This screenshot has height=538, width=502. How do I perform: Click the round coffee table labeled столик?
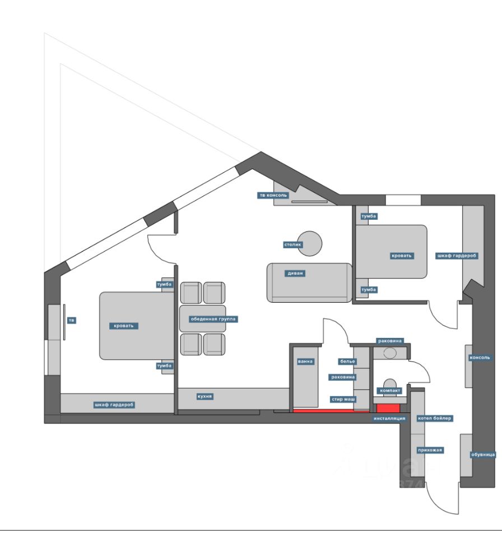point(310,242)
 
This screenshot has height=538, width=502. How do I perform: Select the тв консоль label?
point(273,196)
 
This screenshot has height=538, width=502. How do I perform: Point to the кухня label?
point(204,396)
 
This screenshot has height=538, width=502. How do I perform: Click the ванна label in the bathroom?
point(305,361)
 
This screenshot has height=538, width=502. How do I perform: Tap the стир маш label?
point(343,399)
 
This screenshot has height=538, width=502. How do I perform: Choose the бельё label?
point(347,361)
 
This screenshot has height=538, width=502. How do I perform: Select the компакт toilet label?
point(389,390)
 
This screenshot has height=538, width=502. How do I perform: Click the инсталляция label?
point(389,418)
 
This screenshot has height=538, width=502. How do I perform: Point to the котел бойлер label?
point(435,418)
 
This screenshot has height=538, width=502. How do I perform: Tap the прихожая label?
point(430,449)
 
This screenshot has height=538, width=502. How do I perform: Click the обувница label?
point(482,454)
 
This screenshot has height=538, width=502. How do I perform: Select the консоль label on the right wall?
point(481,358)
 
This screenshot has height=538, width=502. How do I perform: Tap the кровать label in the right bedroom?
point(402,256)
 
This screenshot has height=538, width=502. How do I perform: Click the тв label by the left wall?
point(71,321)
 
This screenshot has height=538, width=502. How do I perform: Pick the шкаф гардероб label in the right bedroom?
point(457,256)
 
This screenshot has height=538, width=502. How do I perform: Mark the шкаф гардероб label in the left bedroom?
point(115,404)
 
